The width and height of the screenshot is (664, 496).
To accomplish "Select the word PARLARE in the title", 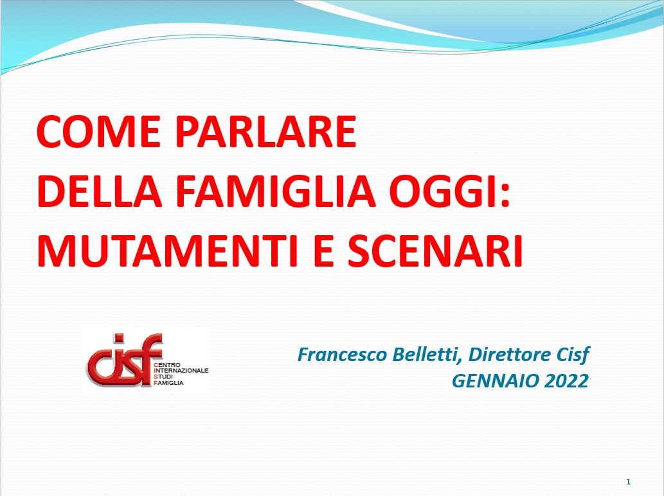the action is tap(265, 132).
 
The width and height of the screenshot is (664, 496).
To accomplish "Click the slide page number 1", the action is tap(628, 482).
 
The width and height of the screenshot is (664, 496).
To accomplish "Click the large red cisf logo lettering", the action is tap(124, 360).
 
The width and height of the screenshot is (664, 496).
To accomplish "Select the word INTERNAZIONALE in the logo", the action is tap(181, 370).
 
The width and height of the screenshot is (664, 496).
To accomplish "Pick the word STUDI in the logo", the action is tap(163, 376).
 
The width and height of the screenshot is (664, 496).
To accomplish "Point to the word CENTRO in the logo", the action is tap(167, 364).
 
